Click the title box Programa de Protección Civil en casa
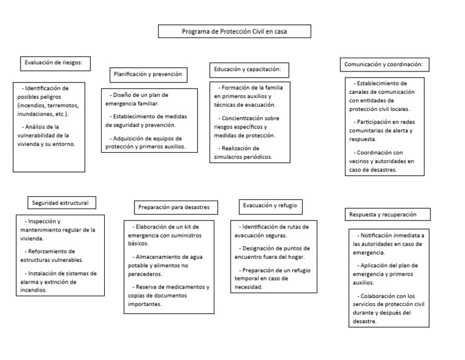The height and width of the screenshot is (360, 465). point(235,32)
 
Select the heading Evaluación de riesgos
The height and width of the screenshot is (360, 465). point(58,62)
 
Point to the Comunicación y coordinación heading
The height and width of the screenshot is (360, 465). point(387,64)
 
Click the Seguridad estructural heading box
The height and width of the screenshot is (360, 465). point(62,202)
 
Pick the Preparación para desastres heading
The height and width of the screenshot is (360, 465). point(173,207)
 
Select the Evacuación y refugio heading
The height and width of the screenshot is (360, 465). point(269,205)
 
